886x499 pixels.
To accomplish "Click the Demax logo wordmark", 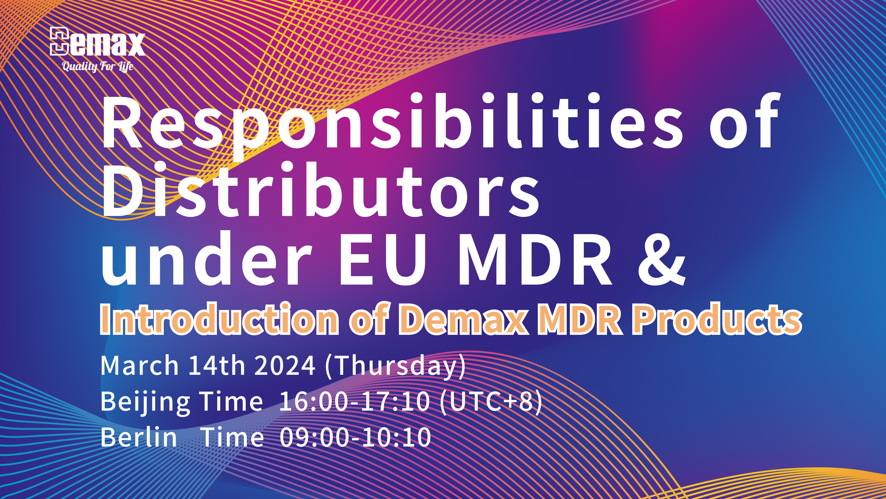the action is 97,41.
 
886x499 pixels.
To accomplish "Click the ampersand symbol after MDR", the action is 662,259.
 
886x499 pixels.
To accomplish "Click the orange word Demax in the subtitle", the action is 463,319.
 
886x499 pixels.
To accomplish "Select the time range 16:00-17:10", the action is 355,402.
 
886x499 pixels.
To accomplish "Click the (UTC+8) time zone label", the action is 491,402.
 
